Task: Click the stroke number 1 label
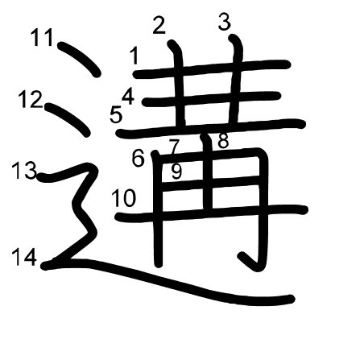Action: coord(134,56)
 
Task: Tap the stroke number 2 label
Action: coord(159,25)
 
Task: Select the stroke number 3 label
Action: coord(225,22)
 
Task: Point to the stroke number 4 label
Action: coord(128,97)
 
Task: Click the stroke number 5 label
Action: coord(116,114)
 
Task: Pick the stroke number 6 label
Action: coord(139,159)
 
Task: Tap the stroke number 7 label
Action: coord(174,147)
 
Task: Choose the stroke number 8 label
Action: coord(223,140)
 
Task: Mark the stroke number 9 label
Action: coord(176,172)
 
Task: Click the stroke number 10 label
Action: coord(123,198)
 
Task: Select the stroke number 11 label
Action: coord(42,38)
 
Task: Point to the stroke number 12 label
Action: coord(31,100)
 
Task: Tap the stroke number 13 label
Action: coord(24,171)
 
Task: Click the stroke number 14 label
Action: coord(24,257)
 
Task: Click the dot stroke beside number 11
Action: coord(79,60)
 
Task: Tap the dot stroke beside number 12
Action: coord(68,119)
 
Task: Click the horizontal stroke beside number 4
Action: coord(211,98)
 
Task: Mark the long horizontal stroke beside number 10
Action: coord(211,213)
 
